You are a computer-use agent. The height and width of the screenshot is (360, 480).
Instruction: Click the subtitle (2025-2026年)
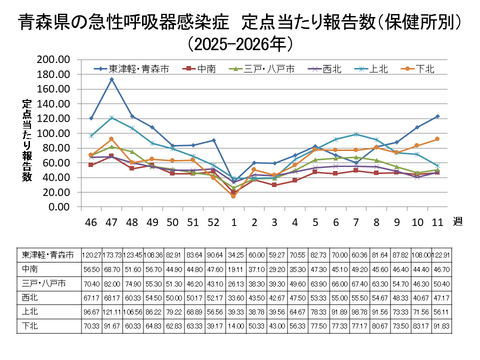pos(241,44)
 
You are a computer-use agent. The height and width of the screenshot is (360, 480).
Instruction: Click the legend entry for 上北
pos(380,68)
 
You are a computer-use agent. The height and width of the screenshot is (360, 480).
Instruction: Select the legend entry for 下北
pos(425,68)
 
